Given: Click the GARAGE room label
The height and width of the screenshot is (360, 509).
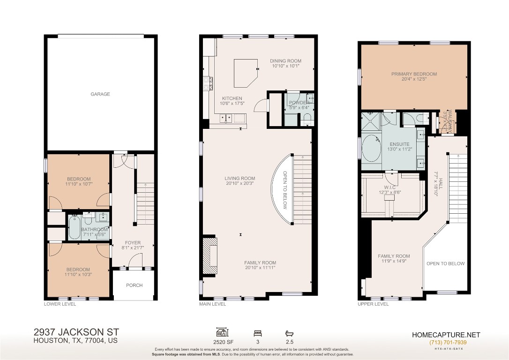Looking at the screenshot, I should click(x=100, y=94).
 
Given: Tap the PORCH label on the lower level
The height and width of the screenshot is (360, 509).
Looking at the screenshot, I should click(x=134, y=285).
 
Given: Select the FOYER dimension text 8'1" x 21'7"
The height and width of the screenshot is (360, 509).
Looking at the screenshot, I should click(x=133, y=248).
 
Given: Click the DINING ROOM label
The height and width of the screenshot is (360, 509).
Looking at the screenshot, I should click(x=285, y=61).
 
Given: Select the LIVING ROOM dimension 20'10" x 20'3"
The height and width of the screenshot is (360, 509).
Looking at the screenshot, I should click(x=240, y=184).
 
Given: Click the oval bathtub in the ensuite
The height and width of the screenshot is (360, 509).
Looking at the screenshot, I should click(x=372, y=148).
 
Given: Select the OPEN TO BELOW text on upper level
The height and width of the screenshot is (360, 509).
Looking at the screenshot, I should click(x=445, y=263).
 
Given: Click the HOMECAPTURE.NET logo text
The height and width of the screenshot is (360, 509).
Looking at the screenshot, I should click(x=446, y=335).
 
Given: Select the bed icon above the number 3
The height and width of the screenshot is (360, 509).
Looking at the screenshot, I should click(x=257, y=333).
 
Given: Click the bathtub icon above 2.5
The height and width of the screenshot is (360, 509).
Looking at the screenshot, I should click(x=289, y=333).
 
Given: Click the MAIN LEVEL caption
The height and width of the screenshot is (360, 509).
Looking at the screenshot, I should click(x=212, y=304).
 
